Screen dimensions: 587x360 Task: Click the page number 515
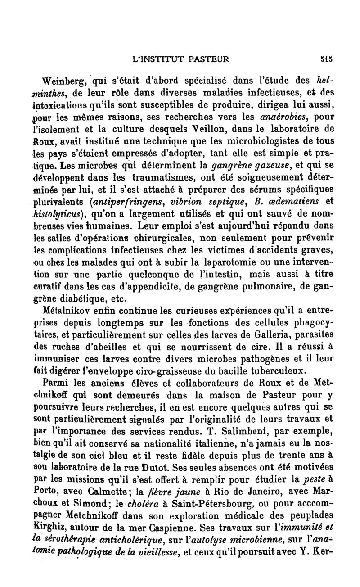click(x=327, y=58)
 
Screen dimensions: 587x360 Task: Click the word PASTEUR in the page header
click(x=210, y=58)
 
